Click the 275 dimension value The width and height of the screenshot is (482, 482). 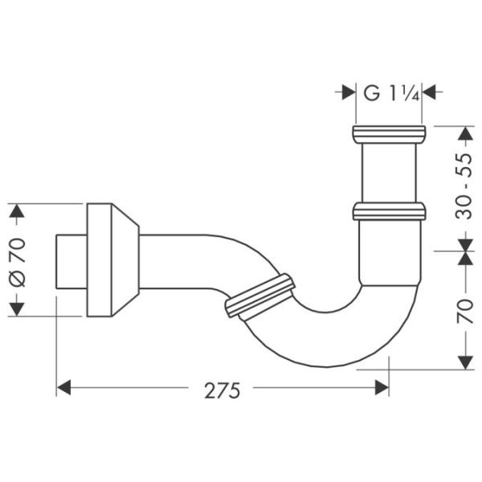coord(222,390)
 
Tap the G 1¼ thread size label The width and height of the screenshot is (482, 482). coord(390,92)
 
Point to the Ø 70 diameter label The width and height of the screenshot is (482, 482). coord(18,260)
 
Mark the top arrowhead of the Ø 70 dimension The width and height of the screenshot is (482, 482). coord(18,211)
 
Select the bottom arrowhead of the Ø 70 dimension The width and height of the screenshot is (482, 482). coord(18,308)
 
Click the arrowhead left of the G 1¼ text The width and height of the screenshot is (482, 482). coord(347,92)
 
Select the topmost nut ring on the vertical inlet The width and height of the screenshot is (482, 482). coord(388,133)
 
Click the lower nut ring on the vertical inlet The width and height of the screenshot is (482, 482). coord(388,211)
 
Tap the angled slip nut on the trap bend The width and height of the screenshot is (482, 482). coord(261,296)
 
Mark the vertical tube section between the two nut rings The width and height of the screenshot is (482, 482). coord(388,172)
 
